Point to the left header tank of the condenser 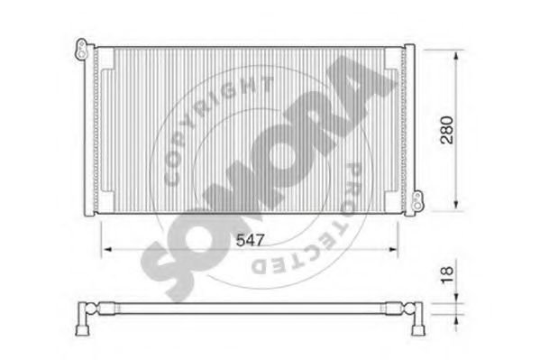coord(89,129)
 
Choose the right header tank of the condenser coord(410,129)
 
